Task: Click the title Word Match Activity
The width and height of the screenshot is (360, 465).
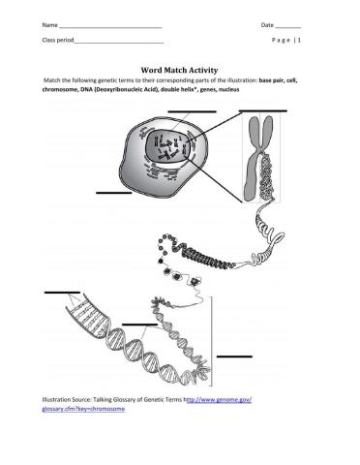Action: pyautogui.click(x=179, y=70)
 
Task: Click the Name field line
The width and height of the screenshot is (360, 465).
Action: pyautogui.click(x=110, y=28)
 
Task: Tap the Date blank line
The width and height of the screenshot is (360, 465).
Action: pyautogui.click(x=288, y=28)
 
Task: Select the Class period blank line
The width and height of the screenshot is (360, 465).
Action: pyautogui.click(x=119, y=43)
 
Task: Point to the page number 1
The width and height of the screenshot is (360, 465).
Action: pyautogui.click(x=299, y=40)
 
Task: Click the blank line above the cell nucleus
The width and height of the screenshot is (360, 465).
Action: pyautogui.click(x=192, y=111)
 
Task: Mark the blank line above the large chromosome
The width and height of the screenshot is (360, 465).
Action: pyautogui.click(x=263, y=110)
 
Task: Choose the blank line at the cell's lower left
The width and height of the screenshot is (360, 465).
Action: pyautogui.click(x=114, y=193)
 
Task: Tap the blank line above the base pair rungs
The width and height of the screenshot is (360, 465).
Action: pyautogui.click(x=62, y=293)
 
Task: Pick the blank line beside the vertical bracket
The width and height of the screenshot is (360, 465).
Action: pyautogui.click(x=234, y=356)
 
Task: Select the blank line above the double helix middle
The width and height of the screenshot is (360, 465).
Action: pyautogui.click(x=140, y=325)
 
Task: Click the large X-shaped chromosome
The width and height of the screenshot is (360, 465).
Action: pyautogui.click(x=260, y=159)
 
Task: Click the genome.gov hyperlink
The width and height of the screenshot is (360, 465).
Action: pyautogui.click(x=147, y=404)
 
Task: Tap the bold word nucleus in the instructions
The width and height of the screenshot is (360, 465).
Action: pyautogui.click(x=229, y=90)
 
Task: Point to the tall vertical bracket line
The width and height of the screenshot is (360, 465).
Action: pyautogui.click(x=212, y=341)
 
